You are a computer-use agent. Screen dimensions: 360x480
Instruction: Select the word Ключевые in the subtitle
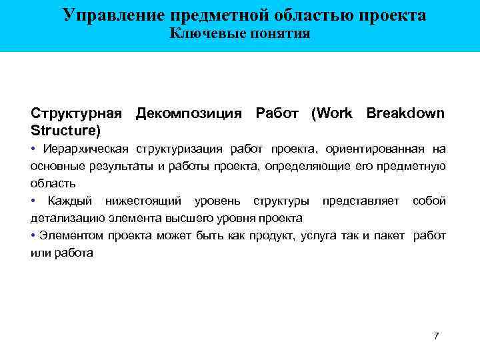203,33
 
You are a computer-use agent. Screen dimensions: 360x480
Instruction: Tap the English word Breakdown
405,113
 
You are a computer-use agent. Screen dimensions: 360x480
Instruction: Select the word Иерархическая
87,148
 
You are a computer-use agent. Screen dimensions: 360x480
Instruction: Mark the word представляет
361,201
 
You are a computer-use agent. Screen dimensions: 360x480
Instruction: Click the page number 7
436,335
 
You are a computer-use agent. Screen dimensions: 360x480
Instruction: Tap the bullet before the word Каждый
33,201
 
